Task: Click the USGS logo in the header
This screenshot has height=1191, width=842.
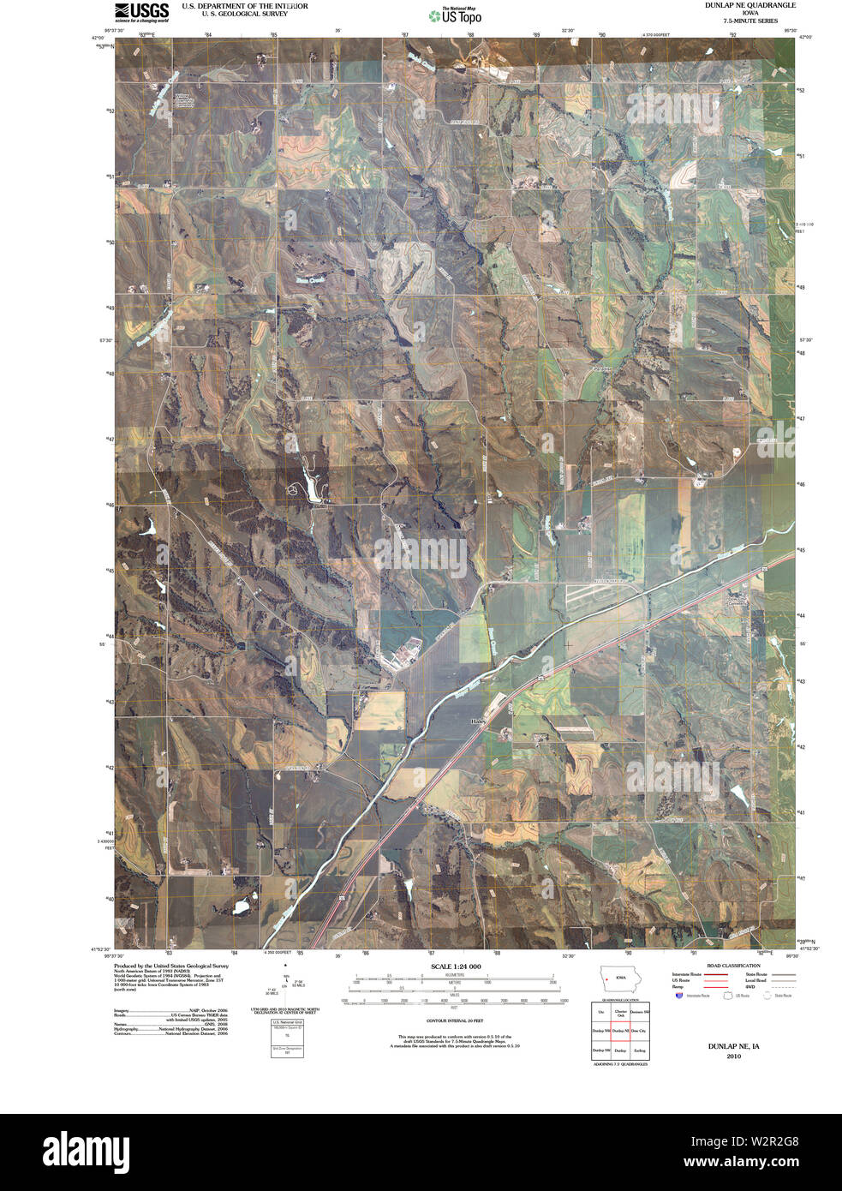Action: pyautogui.click(x=141, y=11)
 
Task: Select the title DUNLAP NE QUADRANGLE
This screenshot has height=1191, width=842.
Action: pyautogui.click(x=737, y=5)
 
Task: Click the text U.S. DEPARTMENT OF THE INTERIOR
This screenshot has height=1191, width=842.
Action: pyautogui.click(x=244, y=6)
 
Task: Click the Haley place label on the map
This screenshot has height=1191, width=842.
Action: pyautogui.click(x=478, y=721)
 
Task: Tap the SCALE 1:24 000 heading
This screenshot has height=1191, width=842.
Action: pyautogui.click(x=456, y=966)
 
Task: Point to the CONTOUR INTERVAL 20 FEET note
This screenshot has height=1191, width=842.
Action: pyautogui.click(x=456, y=1021)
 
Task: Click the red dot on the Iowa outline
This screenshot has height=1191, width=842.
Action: pyautogui.click(x=606, y=979)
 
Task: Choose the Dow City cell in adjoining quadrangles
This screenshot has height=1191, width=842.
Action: pyautogui.click(x=639, y=1031)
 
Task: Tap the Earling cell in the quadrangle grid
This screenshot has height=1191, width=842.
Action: pyautogui.click(x=639, y=1050)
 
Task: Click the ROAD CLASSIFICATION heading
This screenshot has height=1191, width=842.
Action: pyautogui.click(x=728, y=966)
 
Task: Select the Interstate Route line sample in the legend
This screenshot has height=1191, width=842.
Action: pyautogui.click(x=715, y=974)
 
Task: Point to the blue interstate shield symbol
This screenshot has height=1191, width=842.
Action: pyautogui.click(x=679, y=996)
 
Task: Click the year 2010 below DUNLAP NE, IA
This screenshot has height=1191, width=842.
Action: pyautogui.click(x=733, y=1056)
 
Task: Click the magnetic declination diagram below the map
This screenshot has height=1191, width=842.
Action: pyautogui.click(x=285, y=985)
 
